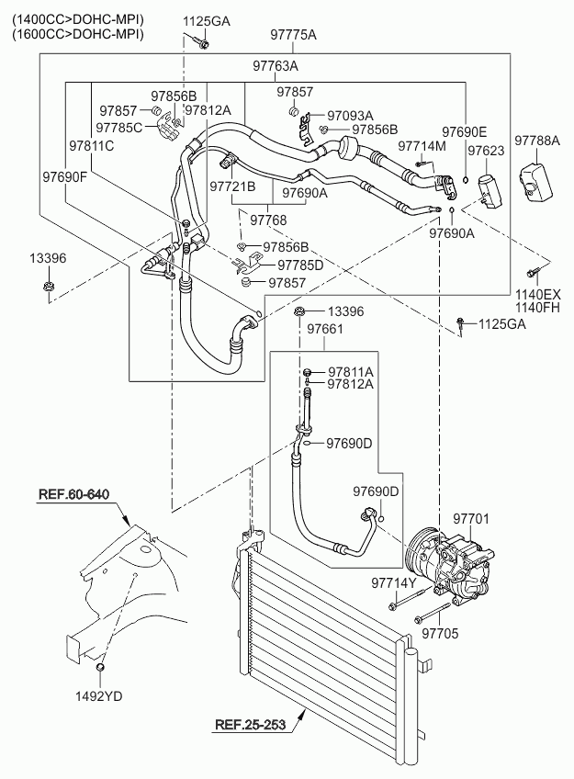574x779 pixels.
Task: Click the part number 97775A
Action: pyautogui.click(x=293, y=35)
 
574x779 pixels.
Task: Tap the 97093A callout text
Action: pyautogui.click(x=350, y=116)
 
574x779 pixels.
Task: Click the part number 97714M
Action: pyautogui.click(x=422, y=146)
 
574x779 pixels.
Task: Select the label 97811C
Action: pyautogui.click(x=91, y=145)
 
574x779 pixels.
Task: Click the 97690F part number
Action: pyautogui.click(x=64, y=176)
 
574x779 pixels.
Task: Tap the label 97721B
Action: pyautogui.click(x=233, y=186)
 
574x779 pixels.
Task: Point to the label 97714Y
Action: pyautogui.click(x=394, y=583)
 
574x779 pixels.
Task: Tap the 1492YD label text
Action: pyautogui.click(x=99, y=696)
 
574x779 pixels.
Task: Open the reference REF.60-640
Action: pyautogui.click(x=73, y=495)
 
